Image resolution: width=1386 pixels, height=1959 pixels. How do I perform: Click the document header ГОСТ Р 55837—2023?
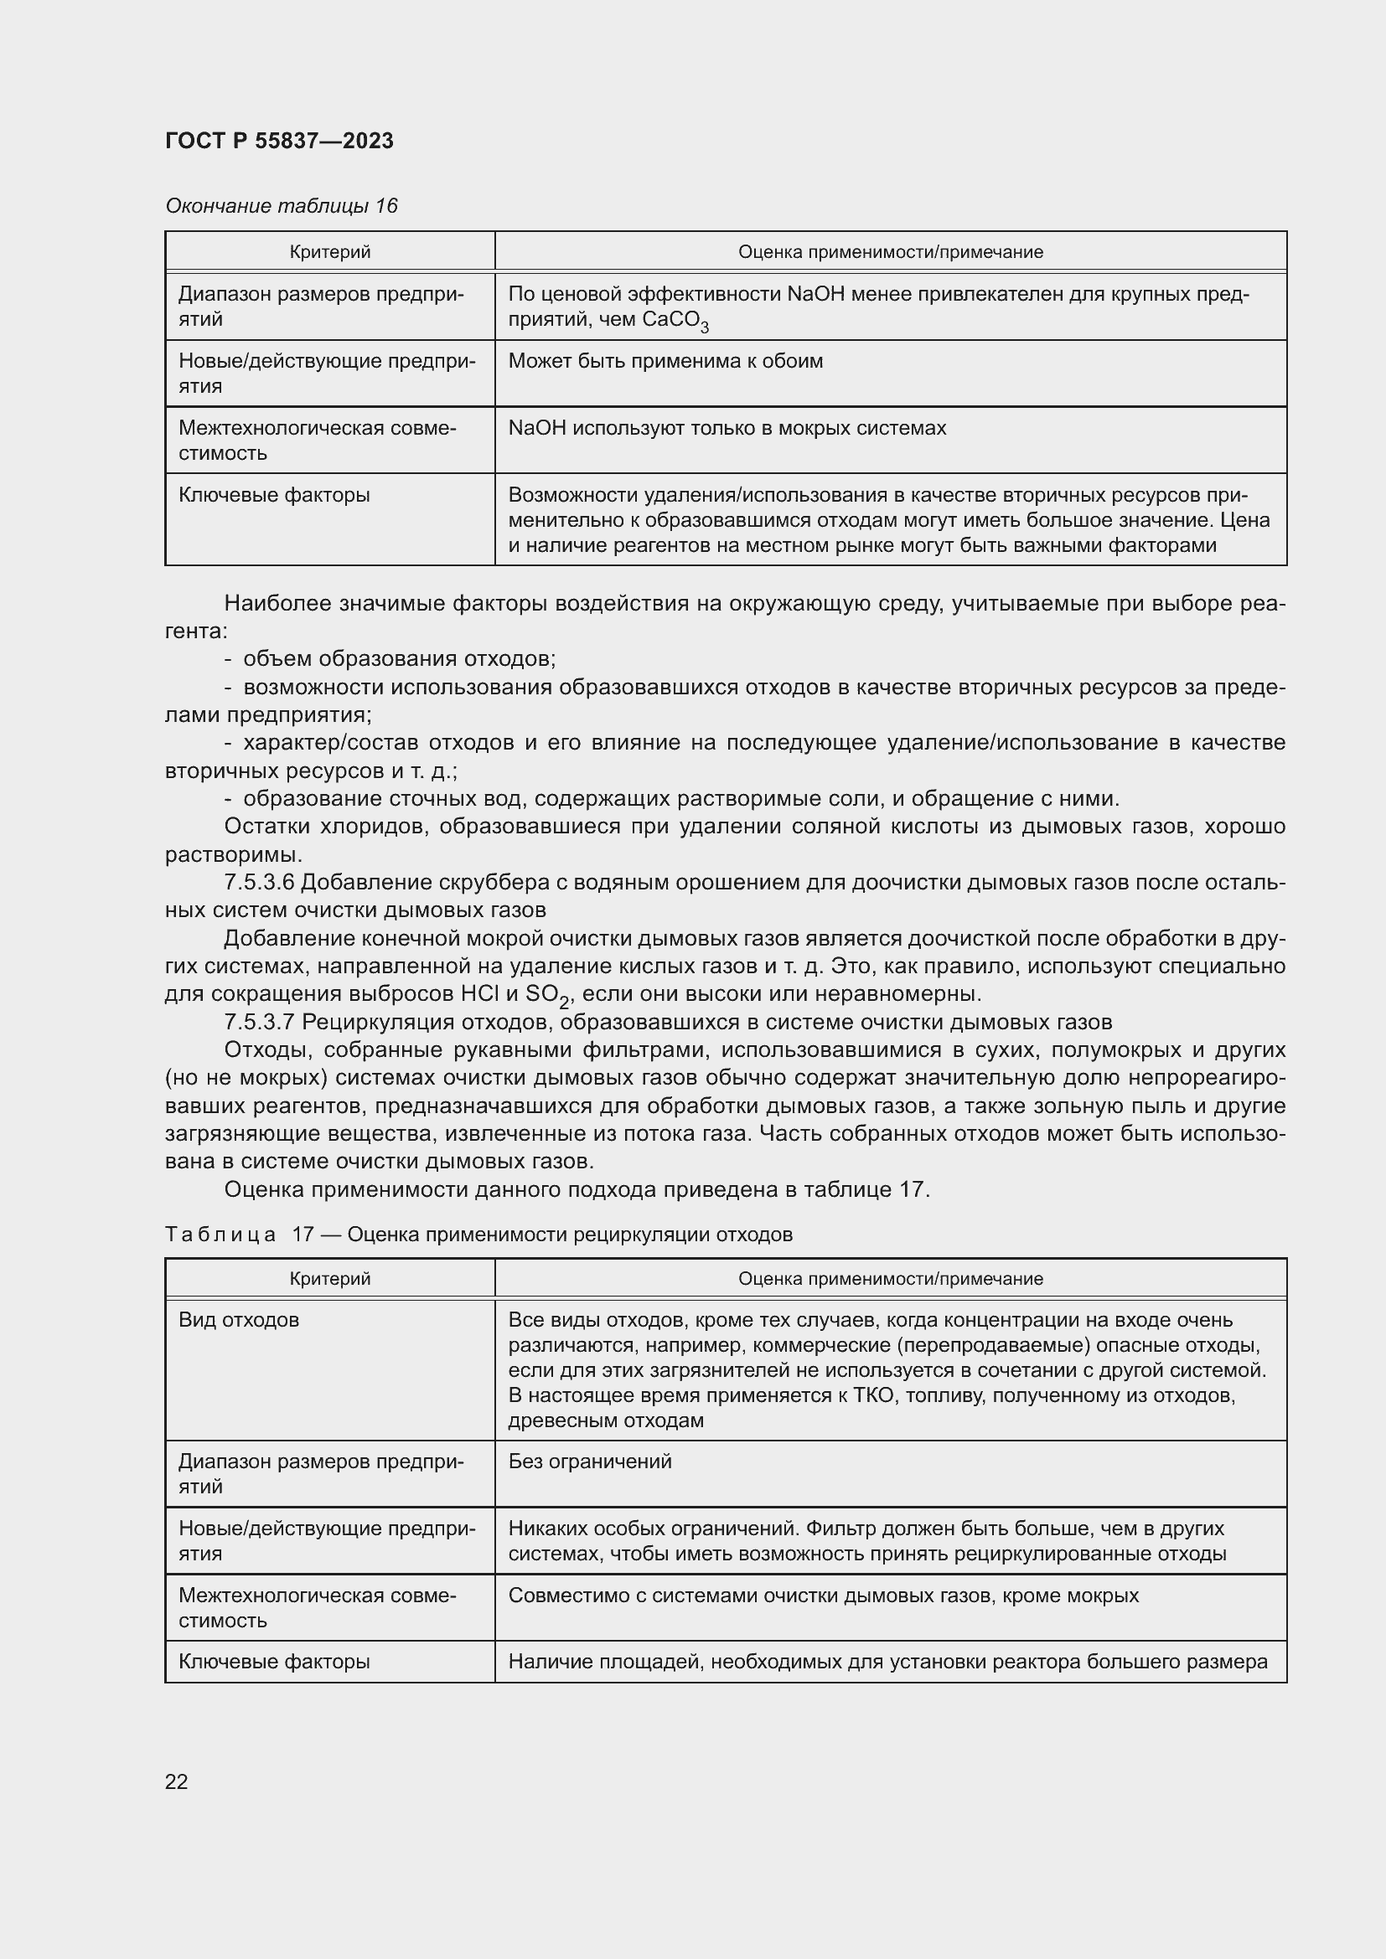coord(279,141)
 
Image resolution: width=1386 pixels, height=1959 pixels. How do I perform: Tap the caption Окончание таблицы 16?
coord(281,206)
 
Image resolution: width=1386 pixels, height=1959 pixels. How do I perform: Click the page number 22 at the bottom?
coord(176,1781)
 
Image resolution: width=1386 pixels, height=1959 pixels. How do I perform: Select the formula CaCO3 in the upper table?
coord(675,321)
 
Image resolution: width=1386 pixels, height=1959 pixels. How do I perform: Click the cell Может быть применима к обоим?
coord(665,361)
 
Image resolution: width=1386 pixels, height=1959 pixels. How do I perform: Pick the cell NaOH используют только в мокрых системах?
coord(727,427)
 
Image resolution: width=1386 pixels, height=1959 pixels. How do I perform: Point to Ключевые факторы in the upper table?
coord(274,495)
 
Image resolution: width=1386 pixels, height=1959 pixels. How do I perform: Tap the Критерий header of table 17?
coord(329,1278)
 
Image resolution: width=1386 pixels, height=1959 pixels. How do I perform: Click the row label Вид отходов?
coord(239,1320)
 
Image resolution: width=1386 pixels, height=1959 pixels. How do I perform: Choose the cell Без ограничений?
coord(590,1462)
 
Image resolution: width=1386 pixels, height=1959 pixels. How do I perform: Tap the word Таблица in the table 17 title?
coord(220,1235)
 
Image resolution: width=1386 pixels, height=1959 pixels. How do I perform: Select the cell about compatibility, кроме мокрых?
coord(823,1596)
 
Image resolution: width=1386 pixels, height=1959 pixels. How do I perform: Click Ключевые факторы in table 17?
coord(274,1661)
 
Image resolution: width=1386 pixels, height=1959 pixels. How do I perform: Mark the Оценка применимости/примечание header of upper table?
coord(889,252)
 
